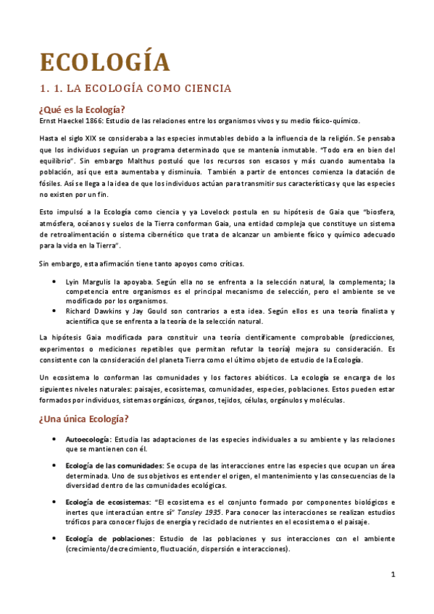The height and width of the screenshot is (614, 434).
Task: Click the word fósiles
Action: pos(51,183)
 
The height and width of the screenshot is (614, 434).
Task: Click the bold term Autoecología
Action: pos(87,440)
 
